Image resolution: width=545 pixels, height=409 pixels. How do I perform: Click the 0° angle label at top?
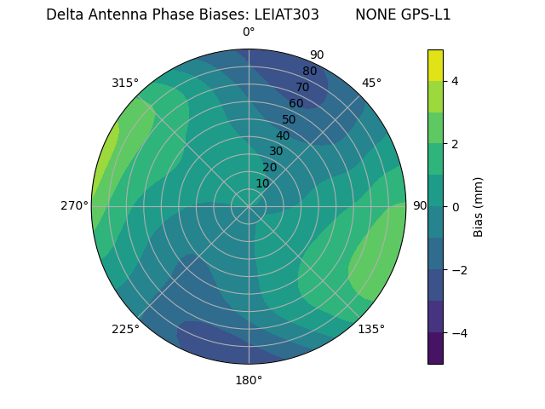249,32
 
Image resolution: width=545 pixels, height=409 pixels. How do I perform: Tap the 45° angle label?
371,83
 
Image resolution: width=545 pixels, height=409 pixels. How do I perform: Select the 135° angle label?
371,329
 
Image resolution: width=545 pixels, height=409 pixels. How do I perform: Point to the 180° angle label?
249,380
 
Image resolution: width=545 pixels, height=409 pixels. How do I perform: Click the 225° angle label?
125,330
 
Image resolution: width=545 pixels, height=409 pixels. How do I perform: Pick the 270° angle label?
76,205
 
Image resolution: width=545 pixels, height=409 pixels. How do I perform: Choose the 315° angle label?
125,83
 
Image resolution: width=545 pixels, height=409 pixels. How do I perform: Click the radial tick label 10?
262,183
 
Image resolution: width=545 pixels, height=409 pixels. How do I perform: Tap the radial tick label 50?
289,119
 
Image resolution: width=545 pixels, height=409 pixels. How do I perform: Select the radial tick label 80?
309,71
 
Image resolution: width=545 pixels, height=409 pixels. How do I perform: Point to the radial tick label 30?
276,151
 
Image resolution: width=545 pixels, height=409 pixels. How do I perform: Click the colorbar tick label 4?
456,81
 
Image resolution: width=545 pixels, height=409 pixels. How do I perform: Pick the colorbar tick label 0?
456,206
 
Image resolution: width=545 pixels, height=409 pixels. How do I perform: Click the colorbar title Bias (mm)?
479,206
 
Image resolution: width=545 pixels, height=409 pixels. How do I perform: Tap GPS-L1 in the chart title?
423,14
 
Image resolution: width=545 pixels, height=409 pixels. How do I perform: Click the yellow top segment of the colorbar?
435,65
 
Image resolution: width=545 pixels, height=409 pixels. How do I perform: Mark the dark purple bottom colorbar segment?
435,349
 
